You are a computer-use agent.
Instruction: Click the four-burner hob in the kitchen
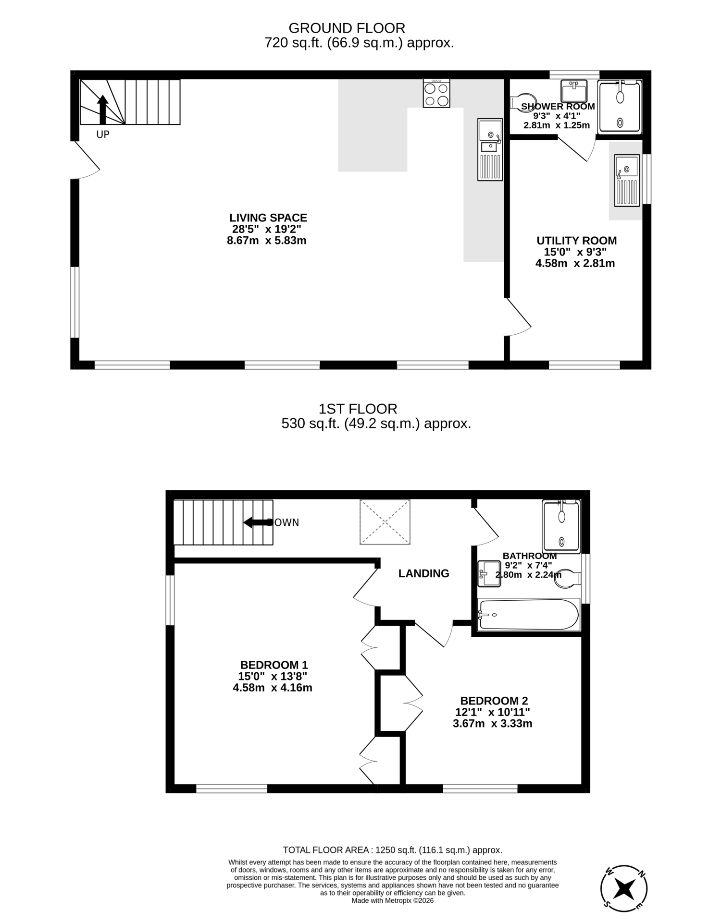pyautogui.click(x=436, y=93)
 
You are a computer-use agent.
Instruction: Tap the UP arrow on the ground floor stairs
pyautogui.click(x=102, y=110)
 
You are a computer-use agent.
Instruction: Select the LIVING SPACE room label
pyautogui.click(x=268, y=218)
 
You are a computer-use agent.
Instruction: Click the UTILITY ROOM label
pyautogui.click(x=577, y=241)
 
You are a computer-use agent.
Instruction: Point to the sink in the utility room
pyautogui.click(x=627, y=181)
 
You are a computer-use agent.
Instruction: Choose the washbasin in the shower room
pyautogui.click(x=574, y=91)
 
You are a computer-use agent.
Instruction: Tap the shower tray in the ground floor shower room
pyautogui.click(x=620, y=107)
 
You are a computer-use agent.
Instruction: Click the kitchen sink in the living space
pyautogui.click(x=490, y=149)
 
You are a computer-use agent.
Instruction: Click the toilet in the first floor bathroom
pyautogui.click(x=568, y=579)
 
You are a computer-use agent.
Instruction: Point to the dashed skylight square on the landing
pyautogui.click(x=385, y=522)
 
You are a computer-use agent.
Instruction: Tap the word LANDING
pyautogui.click(x=424, y=573)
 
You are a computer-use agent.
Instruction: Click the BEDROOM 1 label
pyautogui.click(x=274, y=665)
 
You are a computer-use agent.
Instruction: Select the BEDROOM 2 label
pyautogui.click(x=494, y=701)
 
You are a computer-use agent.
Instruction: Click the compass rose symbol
pyautogui.click(x=624, y=889)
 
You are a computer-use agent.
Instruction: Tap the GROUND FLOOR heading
pyautogui.click(x=347, y=28)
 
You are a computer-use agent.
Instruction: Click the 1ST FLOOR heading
pyautogui.click(x=358, y=409)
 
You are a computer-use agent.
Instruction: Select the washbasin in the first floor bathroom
pyautogui.click(x=489, y=574)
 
